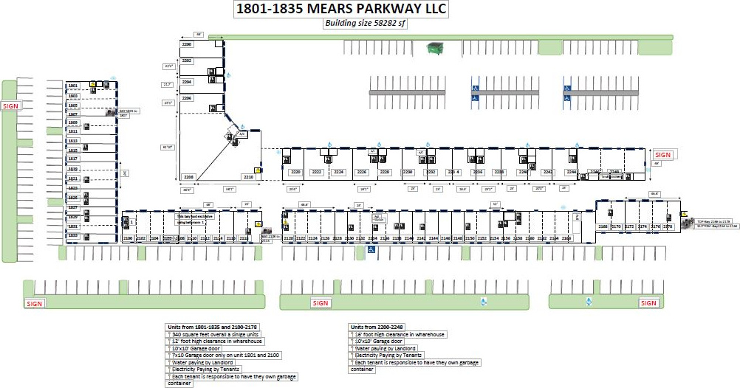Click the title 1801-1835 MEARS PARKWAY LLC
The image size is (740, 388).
coord(340,10)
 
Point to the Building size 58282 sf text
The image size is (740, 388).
coord(366,23)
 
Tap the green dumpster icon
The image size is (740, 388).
coord(434,49)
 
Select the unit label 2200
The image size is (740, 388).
coord(187,45)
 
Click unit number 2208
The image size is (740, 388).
coord(188,177)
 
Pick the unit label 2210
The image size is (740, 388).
coord(248,177)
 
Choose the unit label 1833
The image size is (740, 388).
coord(73,235)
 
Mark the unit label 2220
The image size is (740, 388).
coord(295,172)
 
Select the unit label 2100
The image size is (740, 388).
coord(127,238)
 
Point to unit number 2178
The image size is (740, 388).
coord(668,226)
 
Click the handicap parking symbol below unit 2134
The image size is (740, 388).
coord(371,250)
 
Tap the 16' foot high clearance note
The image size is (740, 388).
coord(400,334)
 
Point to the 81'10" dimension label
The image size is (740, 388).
coord(168,148)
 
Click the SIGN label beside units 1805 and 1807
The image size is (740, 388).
coord(10,106)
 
